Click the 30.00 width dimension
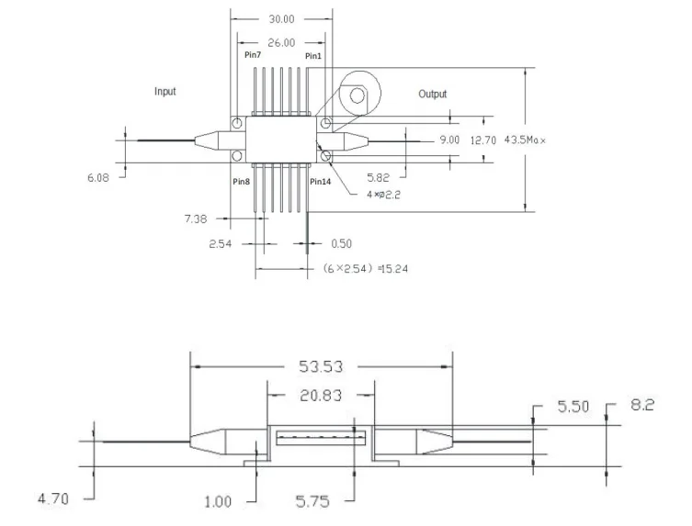point(281,19)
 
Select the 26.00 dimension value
point(281,43)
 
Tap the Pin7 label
point(253,55)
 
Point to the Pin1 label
point(313,56)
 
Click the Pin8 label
point(242,182)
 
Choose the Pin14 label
point(321,182)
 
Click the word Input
point(165,91)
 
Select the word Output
point(433,94)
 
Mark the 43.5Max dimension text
point(525,140)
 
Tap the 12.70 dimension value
point(483,140)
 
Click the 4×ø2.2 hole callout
point(383,195)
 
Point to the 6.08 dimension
point(98,178)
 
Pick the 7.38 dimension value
point(196,218)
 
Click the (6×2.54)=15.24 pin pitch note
point(366,269)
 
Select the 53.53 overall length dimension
point(321,366)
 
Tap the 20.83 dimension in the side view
point(321,396)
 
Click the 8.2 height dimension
point(642,404)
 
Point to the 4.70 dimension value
point(53,499)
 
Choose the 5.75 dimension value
point(312,501)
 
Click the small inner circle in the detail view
point(357,95)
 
